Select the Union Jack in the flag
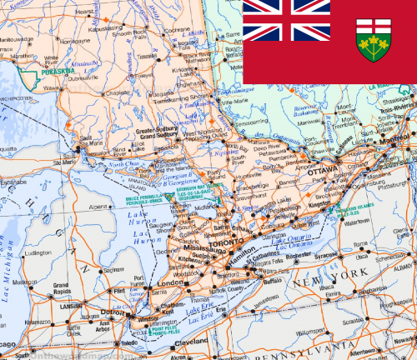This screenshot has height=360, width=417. (286, 21)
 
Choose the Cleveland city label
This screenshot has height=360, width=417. (193, 342)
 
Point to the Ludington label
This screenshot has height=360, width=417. (38, 252)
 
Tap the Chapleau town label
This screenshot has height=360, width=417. (118, 92)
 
